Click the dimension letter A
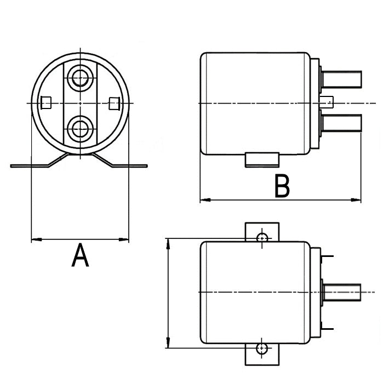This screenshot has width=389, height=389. point(80,256)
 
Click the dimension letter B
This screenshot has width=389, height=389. point(282,186)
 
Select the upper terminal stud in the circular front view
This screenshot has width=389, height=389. point(81,77)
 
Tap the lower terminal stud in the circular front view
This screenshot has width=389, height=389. point(81,129)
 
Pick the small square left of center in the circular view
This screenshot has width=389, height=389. point(47,102)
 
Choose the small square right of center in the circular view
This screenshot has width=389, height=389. point(114,102)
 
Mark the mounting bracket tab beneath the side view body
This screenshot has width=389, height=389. point(262,160)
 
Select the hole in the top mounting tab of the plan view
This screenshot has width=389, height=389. point(262,237)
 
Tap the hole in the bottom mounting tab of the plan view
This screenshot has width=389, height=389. point(262,348)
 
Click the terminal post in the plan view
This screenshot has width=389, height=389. point(342,293)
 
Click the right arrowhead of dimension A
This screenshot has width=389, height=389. point(125,239)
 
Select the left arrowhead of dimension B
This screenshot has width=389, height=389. point(204,200)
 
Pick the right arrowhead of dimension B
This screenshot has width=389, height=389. point(358,200)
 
